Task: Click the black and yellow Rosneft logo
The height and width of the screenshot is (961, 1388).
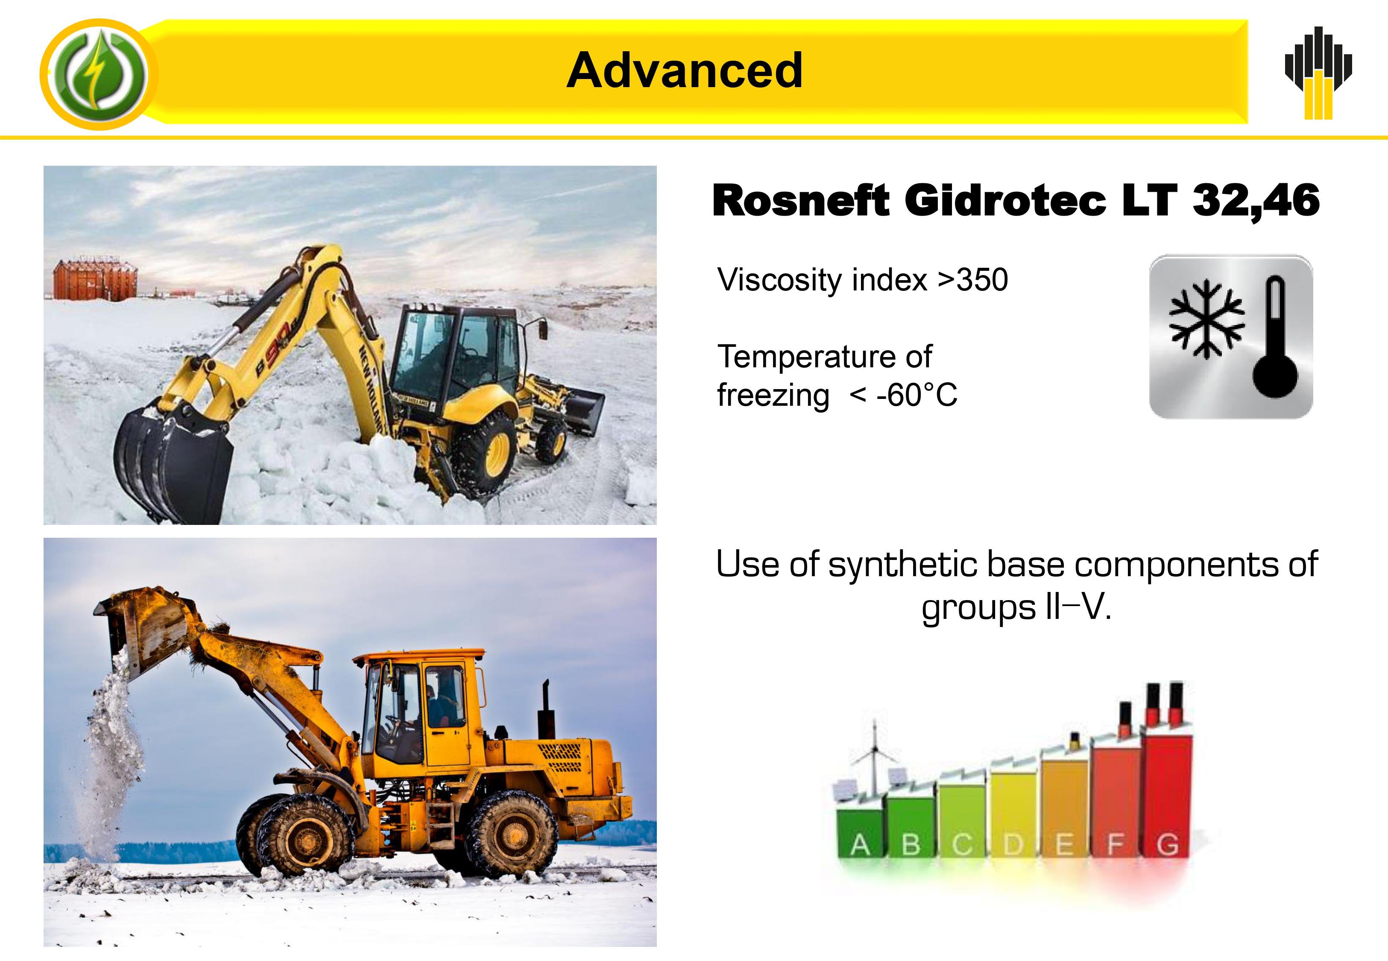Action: click(x=1318, y=73)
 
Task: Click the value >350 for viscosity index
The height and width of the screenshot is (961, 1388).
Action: click(x=973, y=280)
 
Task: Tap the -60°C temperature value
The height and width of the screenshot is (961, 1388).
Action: click(x=917, y=396)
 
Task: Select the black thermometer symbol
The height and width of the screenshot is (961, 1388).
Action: click(x=1274, y=337)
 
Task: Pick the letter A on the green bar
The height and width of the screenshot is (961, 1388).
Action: click(x=860, y=845)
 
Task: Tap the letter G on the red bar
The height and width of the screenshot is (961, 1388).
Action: click(x=1168, y=845)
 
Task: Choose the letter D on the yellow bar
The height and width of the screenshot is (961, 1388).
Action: click(x=1013, y=845)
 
